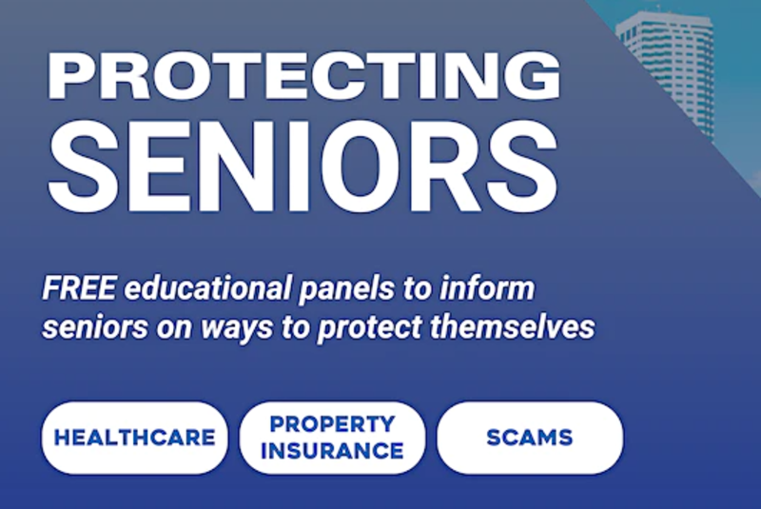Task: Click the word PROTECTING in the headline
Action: (x=304, y=76)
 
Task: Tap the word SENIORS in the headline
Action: (x=303, y=166)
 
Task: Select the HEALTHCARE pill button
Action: (x=134, y=438)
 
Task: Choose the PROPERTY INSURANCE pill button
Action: (x=332, y=438)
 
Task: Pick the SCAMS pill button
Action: (x=530, y=438)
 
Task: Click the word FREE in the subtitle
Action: (x=79, y=287)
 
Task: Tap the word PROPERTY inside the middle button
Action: (x=332, y=424)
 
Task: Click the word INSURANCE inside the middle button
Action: (x=332, y=451)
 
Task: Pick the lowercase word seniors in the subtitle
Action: (x=95, y=327)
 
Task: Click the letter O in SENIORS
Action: (x=370, y=166)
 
